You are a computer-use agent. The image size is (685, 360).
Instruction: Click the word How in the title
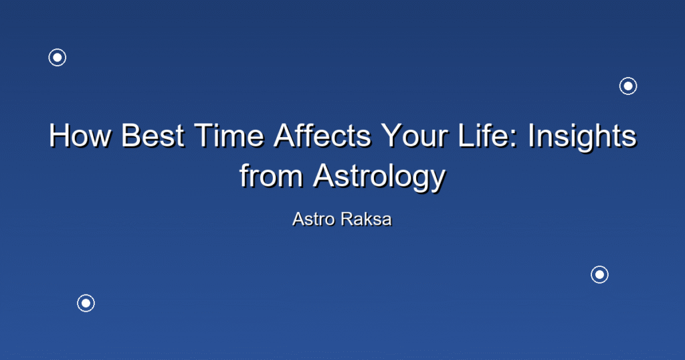click(80, 135)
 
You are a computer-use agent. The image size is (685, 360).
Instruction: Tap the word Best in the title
click(153, 135)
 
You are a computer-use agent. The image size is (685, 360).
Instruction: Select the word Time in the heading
click(229, 135)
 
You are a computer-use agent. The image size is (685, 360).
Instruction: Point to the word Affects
click(322, 135)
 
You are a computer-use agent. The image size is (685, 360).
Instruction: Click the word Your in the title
click(414, 135)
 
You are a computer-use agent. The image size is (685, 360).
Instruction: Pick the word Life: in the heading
click(488, 135)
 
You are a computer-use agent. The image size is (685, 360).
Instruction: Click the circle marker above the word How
click(58, 58)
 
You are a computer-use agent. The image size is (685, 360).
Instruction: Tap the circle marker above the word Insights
click(628, 86)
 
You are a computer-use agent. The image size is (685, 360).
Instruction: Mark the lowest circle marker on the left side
click(86, 303)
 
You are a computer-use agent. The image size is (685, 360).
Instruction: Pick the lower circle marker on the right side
click(599, 275)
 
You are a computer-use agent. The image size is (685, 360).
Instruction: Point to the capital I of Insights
click(530, 135)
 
